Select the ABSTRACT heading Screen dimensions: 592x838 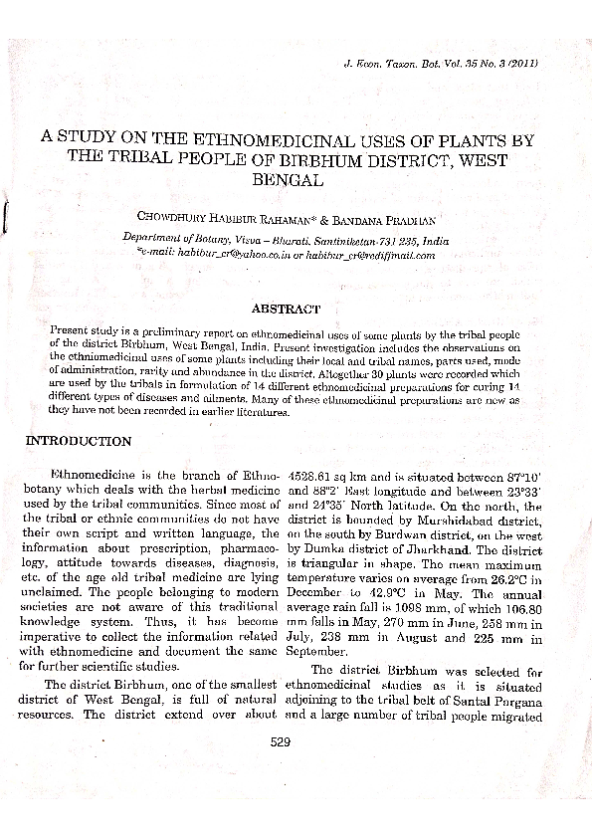(285, 310)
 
